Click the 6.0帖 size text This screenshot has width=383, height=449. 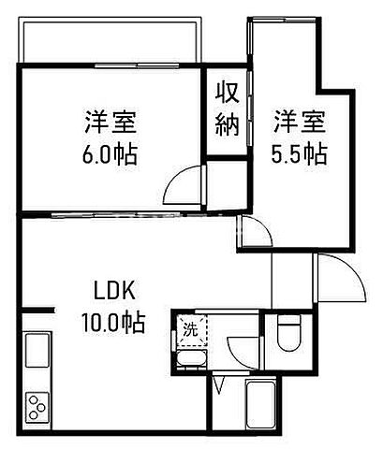tap(111, 153)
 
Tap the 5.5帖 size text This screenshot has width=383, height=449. tap(298, 153)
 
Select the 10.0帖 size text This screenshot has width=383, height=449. tap(111, 324)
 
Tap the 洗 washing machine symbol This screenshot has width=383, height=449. tap(190, 328)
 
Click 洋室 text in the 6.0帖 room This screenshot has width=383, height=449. tap(111, 122)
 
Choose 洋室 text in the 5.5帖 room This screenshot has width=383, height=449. tap(298, 122)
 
